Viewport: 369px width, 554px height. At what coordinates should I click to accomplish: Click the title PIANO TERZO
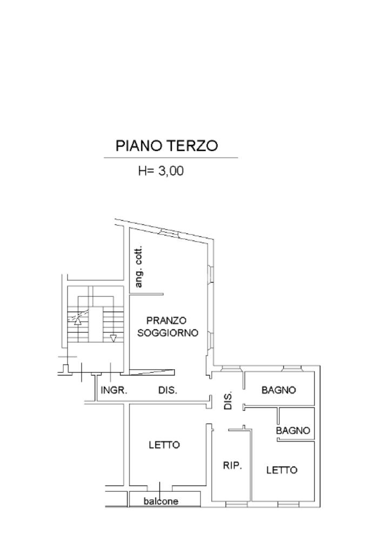[x=166, y=145]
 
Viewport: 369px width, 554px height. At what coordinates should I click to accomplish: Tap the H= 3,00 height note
[x=160, y=171]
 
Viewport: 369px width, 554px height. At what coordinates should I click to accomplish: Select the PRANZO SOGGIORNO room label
[x=167, y=327]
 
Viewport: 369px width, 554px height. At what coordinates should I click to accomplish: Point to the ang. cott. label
[x=138, y=266]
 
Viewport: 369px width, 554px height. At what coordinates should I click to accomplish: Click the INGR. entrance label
[x=113, y=390]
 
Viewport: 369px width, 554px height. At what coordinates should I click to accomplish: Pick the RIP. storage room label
[x=232, y=465]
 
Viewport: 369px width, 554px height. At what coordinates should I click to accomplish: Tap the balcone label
[x=161, y=501]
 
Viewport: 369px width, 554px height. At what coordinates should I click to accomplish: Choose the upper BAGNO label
[x=279, y=390]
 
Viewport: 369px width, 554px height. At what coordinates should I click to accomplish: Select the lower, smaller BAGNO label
[x=293, y=430]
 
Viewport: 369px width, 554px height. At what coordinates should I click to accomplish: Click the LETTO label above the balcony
[x=165, y=445]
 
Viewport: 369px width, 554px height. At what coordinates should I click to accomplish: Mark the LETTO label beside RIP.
[x=282, y=470]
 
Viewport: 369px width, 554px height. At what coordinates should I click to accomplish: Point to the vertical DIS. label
[x=229, y=401]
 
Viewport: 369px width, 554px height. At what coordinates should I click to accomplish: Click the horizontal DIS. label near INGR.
[x=167, y=390]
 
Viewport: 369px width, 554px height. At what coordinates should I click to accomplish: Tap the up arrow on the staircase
[x=78, y=321]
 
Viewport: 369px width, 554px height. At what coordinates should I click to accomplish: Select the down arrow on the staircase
[x=113, y=338]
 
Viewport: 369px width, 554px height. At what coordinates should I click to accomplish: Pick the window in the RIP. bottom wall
[x=236, y=504]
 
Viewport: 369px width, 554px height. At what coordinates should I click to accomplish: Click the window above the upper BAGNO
[x=292, y=369]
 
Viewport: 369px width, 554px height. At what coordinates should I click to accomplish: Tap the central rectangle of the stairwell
[x=96, y=324]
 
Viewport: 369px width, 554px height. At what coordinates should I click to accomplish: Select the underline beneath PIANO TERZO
[x=171, y=158]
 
